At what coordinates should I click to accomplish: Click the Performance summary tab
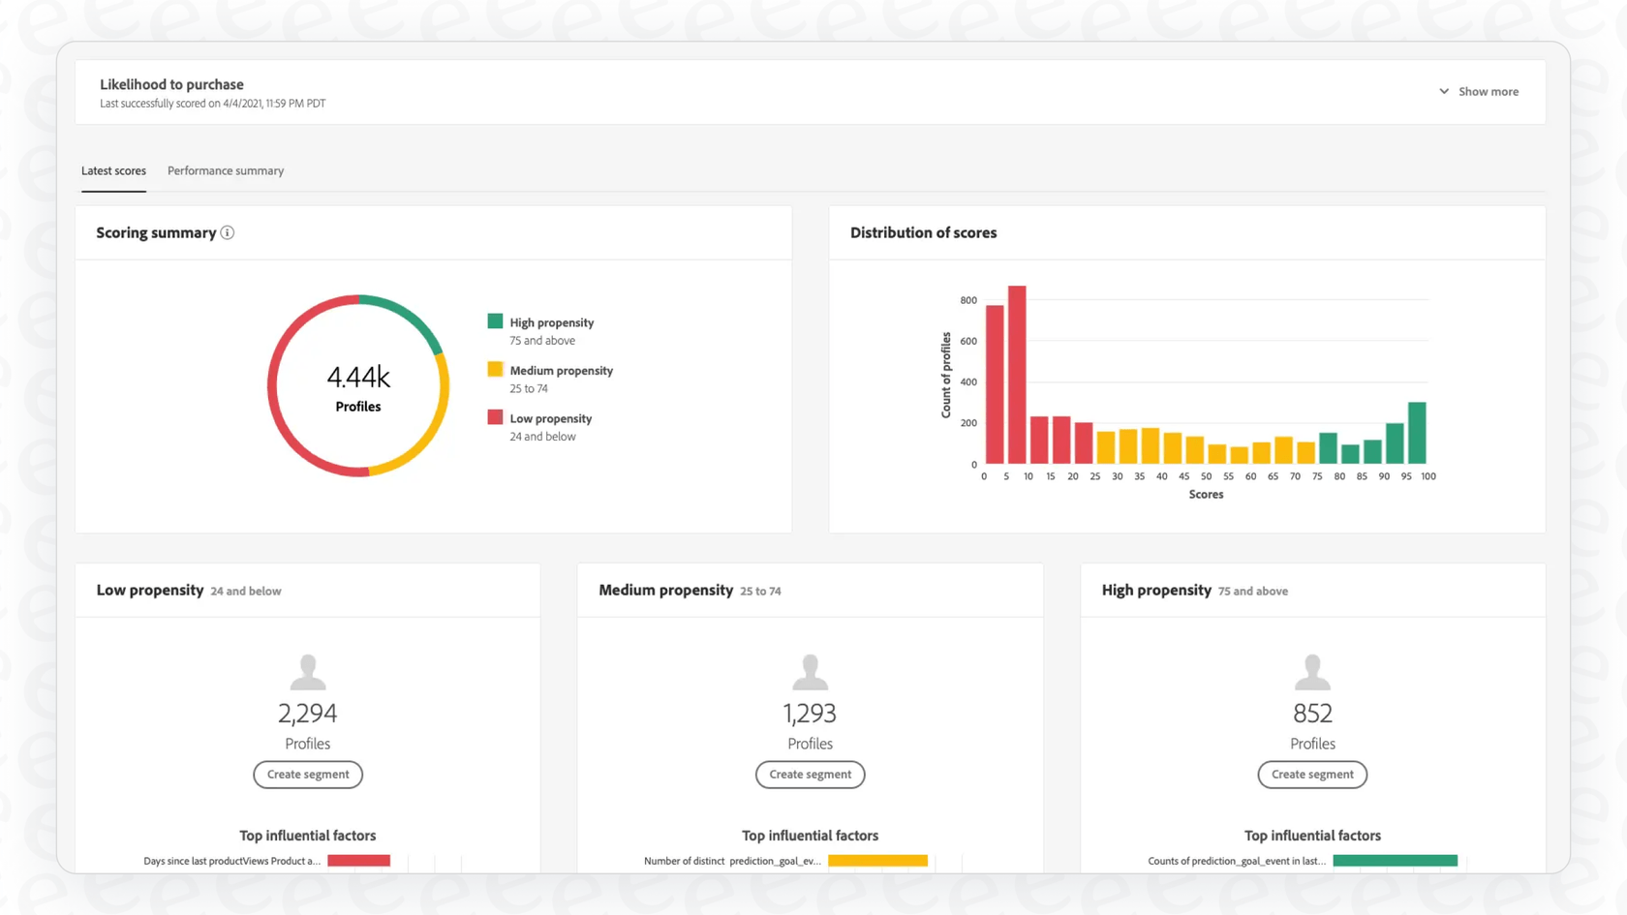click(226, 171)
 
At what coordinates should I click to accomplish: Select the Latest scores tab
click(113, 171)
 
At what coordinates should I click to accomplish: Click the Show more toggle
click(1479, 92)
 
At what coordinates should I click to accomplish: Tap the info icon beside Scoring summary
click(228, 233)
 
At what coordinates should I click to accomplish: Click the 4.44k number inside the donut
click(358, 377)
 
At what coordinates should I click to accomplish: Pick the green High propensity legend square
click(495, 321)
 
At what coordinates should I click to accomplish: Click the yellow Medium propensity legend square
click(495, 369)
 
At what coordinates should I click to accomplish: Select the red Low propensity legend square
click(495, 417)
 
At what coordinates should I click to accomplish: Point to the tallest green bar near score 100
click(1417, 433)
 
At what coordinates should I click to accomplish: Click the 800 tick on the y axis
click(968, 300)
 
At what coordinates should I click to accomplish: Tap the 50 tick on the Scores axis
click(1206, 476)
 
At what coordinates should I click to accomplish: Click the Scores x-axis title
click(1206, 495)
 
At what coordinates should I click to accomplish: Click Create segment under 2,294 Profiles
click(308, 775)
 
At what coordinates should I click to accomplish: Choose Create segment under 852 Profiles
click(1312, 775)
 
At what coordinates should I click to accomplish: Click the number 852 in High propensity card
click(1312, 714)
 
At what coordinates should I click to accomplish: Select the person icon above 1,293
click(810, 671)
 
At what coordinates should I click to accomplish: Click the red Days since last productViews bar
click(358, 861)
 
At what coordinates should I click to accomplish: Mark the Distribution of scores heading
click(923, 233)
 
